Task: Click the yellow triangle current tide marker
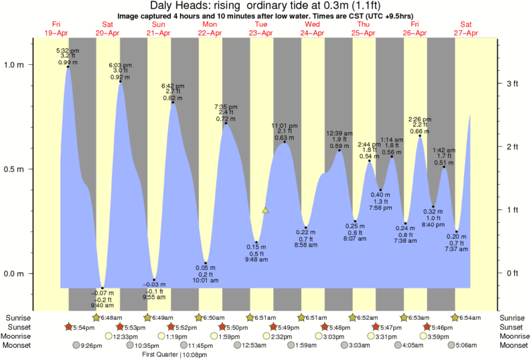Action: [x=265, y=210]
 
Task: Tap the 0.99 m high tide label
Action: [x=64, y=62]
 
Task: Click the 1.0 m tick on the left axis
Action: [x=15, y=65]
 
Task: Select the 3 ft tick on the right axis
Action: [x=512, y=84]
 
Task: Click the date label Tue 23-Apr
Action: [x=261, y=29]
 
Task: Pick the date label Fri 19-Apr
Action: [x=56, y=29]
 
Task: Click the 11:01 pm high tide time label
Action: [x=284, y=125]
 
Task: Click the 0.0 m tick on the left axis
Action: [x=15, y=274]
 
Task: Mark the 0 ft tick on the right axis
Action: [x=512, y=273]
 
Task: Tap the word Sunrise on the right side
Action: [x=513, y=317]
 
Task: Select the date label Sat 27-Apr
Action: [x=467, y=29]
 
